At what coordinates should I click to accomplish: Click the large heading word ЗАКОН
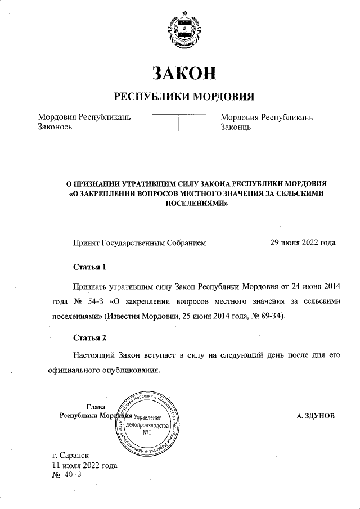184,73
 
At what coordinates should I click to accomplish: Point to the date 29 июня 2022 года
303,243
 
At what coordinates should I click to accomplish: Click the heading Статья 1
89,265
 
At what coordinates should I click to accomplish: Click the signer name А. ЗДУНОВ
316,416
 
